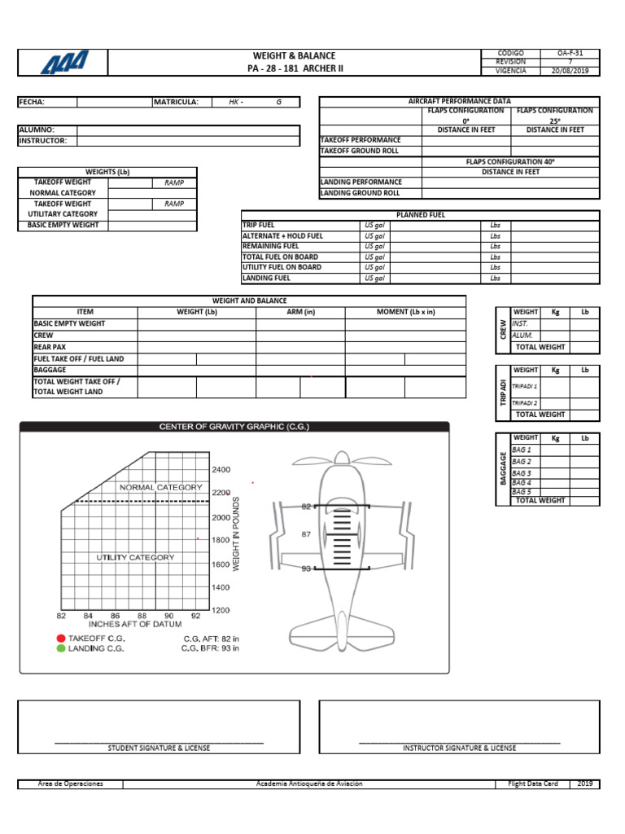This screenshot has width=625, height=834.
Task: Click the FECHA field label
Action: coord(32,102)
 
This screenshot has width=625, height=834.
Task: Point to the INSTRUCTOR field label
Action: coord(42,141)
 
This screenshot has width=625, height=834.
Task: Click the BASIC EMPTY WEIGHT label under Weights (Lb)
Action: coord(63,225)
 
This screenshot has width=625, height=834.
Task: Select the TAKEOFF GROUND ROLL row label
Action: coord(360,151)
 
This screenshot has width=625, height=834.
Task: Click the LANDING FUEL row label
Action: coord(266,278)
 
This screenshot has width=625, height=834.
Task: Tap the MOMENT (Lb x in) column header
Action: coord(405,312)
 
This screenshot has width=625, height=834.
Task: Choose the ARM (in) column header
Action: coord(300,312)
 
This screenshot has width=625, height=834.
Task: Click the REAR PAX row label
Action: coord(50,347)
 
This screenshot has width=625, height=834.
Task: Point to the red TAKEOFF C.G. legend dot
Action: coord(60,639)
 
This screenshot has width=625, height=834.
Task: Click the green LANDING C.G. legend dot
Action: coord(60,649)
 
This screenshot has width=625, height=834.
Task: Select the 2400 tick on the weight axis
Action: coord(221,470)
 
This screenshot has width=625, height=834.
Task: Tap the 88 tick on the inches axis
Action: coord(142,616)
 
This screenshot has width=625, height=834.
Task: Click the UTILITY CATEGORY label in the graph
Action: coord(135,558)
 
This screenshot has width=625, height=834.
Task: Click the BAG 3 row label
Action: coord(522,473)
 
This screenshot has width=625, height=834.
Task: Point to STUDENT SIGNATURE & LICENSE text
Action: coord(159,748)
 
